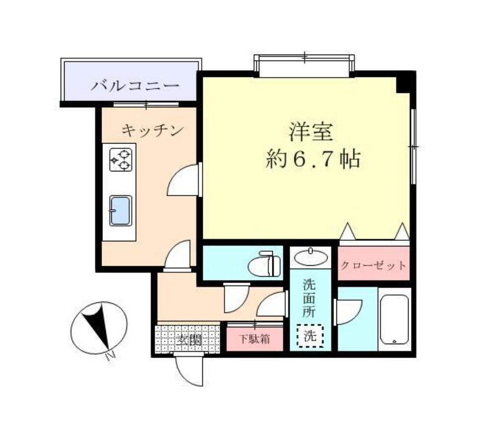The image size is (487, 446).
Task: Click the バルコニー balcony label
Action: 134,85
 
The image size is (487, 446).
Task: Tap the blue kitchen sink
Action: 120,210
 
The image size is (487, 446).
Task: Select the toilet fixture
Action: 265,263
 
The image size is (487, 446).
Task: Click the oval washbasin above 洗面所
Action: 311,258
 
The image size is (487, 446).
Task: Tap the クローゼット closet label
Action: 374,265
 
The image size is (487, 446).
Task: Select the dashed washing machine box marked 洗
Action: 310,336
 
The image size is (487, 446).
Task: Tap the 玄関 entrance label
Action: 187,340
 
